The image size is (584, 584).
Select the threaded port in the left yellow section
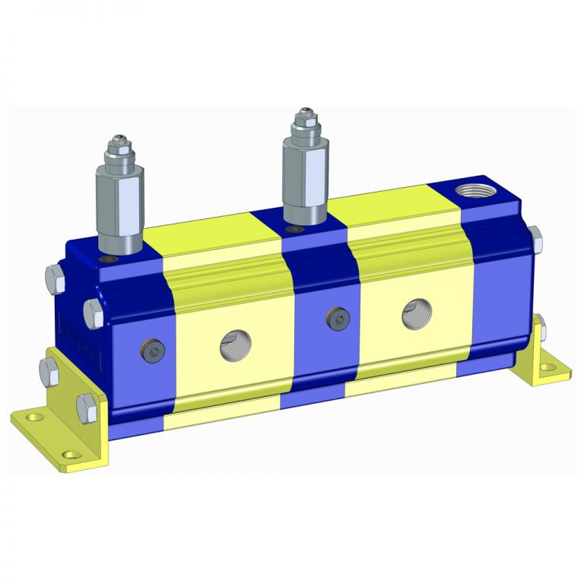tap(233, 347)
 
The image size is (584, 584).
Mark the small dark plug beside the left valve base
tap(113, 260)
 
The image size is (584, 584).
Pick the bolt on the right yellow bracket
tap(539, 328)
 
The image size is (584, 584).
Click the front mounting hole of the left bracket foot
tap(72, 455)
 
